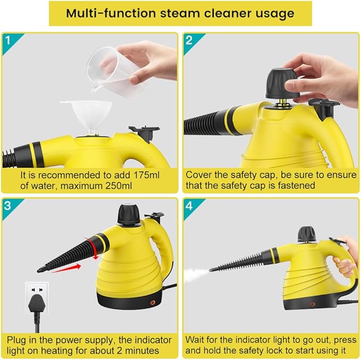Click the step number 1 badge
(8, 40)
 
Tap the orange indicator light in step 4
(312, 304)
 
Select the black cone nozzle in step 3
(66, 254)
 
